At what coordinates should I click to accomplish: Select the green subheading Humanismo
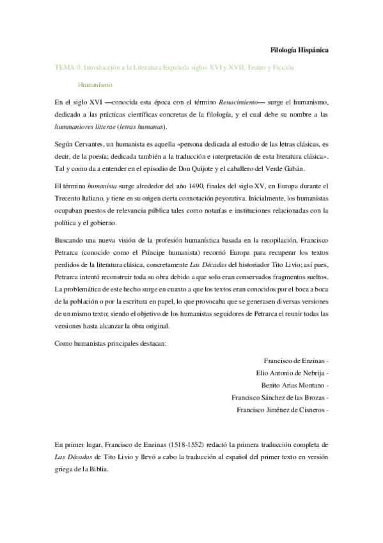coord(95,83)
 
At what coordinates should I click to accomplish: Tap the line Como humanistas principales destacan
coord(111,344)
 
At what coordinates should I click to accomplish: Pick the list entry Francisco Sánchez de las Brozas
coord(278,398)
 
